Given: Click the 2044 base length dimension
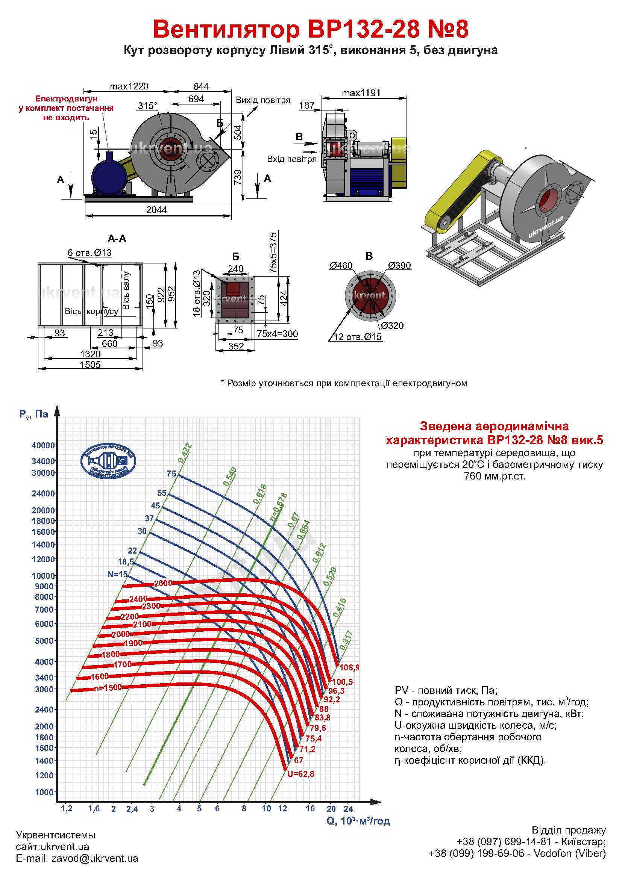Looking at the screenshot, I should [157, 210].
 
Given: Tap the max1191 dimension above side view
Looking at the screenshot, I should [361, 93].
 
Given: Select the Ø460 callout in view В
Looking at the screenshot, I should [341, 265].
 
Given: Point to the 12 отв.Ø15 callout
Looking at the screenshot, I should [358, 337].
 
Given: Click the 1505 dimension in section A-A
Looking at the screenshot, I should [90, 365].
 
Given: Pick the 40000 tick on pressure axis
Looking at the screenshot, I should [43, 446].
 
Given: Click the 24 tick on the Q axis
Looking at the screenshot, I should [348, 809].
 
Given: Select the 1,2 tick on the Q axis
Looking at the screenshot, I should [66, 809].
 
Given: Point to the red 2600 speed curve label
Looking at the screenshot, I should [163, 584].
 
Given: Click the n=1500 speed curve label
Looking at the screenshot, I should [108, 687].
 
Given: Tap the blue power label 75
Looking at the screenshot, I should [171, 474].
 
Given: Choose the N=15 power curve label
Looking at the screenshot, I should [118, 574].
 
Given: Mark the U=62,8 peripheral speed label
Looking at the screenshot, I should [301, 774].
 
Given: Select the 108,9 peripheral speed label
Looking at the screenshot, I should [349, 668].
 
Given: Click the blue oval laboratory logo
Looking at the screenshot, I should [108, 461].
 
